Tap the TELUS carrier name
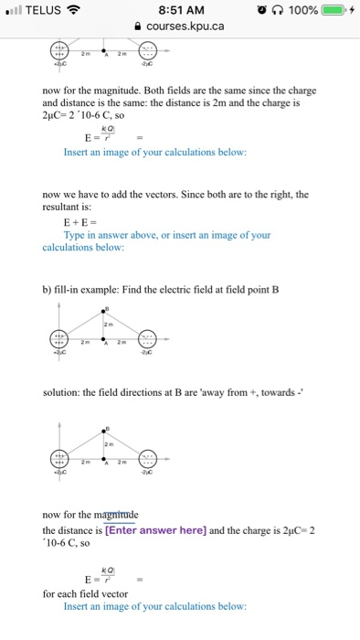45,10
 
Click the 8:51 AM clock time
181,10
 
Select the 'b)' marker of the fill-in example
49,290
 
